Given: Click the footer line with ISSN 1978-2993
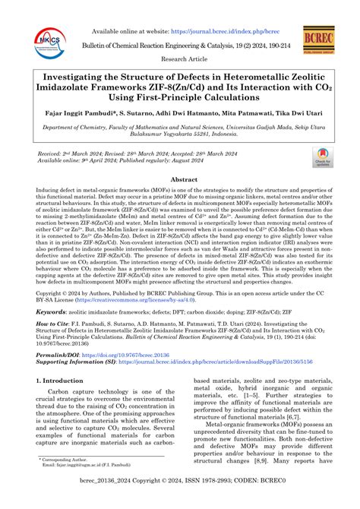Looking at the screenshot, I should click(x=180, y=502).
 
